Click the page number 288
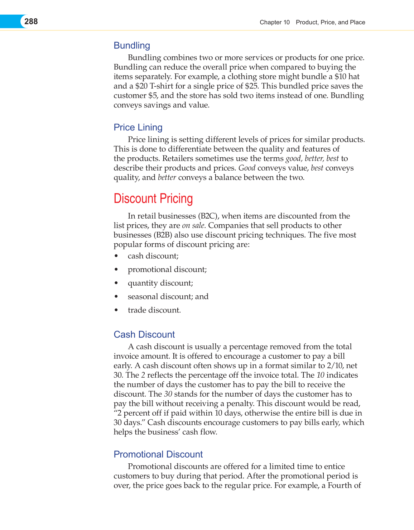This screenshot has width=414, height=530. click(x=31, y=22)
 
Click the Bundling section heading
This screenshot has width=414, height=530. click(x=132, y=46)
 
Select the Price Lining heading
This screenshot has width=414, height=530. click(x=138, y=127)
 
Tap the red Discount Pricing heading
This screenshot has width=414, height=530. click(x=153, y=199)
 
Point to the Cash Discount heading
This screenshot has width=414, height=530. click(x=144, y=334)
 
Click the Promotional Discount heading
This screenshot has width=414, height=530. click(x=158, y=454)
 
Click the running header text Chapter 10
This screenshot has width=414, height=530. click(x=274, y=22)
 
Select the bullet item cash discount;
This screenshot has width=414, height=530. click(x=153, y=256)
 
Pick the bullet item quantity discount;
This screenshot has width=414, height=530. click(x=160, y=283)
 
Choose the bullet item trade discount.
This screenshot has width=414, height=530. click(x=154, y=310)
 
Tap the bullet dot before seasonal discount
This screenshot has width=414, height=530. click(x=116, y=297)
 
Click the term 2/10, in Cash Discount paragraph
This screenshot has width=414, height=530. click(x=335, y=366)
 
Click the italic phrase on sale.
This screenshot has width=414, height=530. click(x=194, y=225)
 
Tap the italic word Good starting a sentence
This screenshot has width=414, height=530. click(x=247, y=168)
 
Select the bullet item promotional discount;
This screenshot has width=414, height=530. click(x=167, y=269)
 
